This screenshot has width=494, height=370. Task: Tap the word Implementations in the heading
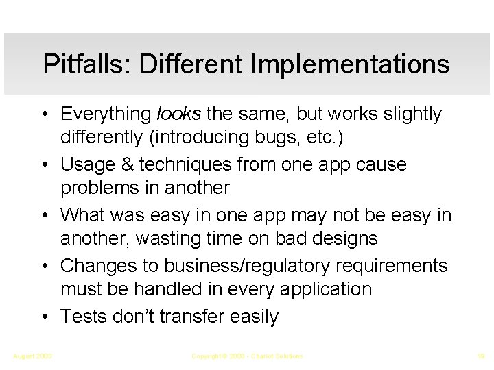[x=351, y=64]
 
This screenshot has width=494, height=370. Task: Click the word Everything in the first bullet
[x=107, y=114]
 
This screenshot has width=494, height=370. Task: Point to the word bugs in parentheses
[x=279, y=138]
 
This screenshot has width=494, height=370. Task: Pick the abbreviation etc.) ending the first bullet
[x=325, y=138]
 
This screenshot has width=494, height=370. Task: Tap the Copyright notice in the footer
[x=246, y=356]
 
